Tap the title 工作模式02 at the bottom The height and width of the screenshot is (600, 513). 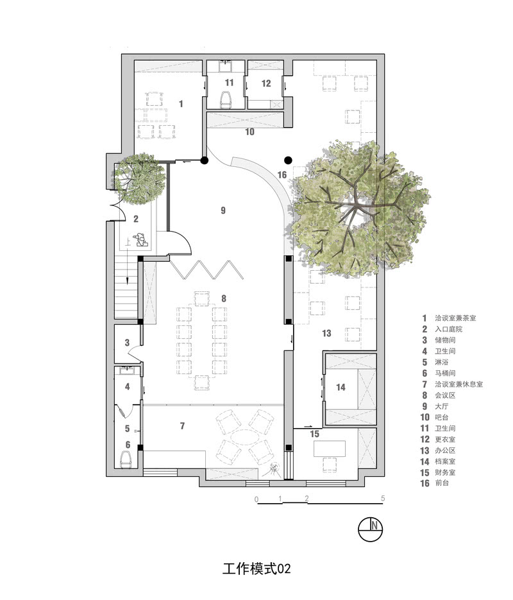(x=256, y=569)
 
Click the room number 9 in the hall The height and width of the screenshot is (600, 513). (x=223, y=210)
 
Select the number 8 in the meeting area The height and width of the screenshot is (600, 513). (x=223, y=298)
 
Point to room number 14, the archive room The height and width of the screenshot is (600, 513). (x=341, y=387)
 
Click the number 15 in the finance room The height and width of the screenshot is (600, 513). (x=315, y=434)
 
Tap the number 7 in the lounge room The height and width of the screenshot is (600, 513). (x=183, y=425)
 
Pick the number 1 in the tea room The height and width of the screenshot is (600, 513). (x=181, y=103)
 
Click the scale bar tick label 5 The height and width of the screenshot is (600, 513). (x=383, y=498)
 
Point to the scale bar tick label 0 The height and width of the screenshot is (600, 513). (x=256, y=498)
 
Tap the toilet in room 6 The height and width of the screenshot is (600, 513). (x=128, y=459)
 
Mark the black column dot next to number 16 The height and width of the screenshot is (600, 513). (x=289, y=160)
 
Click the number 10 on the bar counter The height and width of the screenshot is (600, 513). (x=249, y=132)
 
